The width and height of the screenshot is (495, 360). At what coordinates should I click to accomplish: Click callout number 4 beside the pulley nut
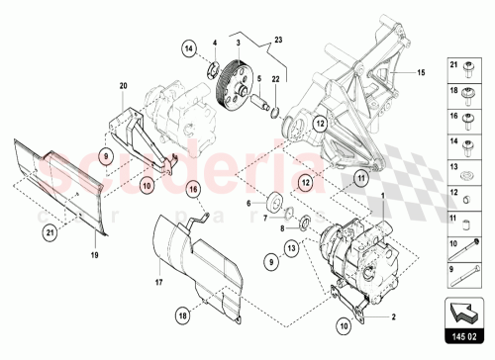click(216, 42)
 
